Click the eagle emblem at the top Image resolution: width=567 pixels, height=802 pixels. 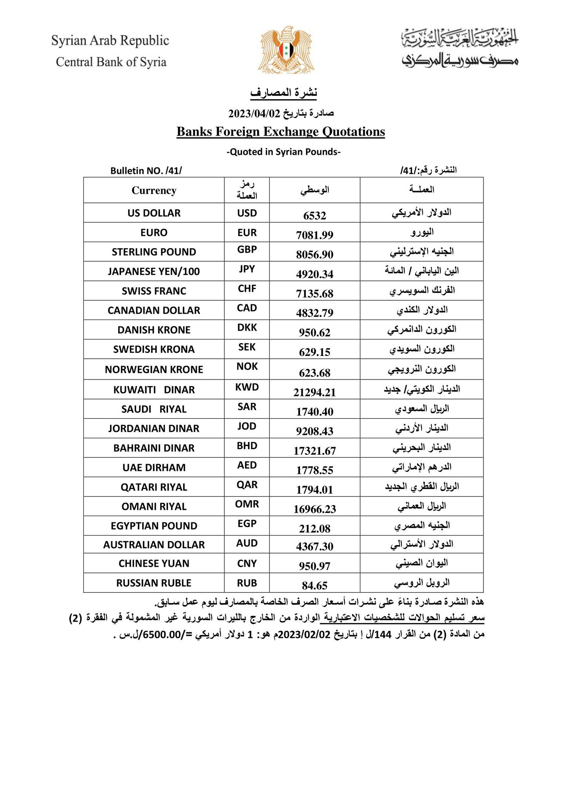[x=285, y=50]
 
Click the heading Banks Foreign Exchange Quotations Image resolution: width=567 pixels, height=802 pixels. [x=280, y=132]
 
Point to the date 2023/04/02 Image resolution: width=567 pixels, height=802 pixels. [x=255, y=114]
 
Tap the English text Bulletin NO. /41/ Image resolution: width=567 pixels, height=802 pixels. [x=146, y=171]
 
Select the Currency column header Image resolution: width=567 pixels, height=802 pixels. [x=154, y=190]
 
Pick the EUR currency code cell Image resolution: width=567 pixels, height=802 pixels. [x=247, y=233]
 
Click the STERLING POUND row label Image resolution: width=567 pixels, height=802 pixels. [x=154, y=252]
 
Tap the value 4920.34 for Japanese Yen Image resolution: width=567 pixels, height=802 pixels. [x=314, y=274]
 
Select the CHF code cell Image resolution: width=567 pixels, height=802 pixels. [x=247, y=289]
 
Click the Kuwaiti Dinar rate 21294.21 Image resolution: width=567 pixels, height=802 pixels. [x=314, y=392]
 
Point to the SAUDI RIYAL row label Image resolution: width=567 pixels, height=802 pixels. [x=154, y=409]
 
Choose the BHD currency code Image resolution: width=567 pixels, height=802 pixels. [x=247, y=446]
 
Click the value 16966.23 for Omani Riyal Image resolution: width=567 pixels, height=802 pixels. [x=314, y=509]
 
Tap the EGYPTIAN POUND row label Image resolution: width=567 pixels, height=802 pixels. [x=154, y=526]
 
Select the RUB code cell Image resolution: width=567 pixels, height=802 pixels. [x=247, y=583]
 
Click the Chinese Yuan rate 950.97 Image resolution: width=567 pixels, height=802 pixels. [x=314, y=566]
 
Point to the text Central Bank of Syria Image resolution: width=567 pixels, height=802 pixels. [x=111, y=62]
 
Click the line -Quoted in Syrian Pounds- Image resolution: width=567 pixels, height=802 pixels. [x=283, y=152]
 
